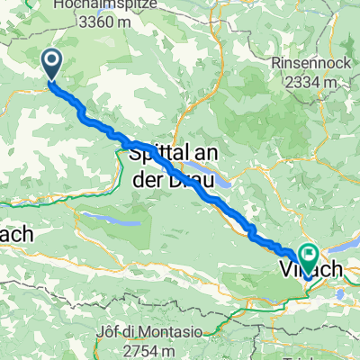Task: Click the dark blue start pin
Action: click(x=51, y=63)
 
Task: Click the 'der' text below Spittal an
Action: click(x=148, y=176)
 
